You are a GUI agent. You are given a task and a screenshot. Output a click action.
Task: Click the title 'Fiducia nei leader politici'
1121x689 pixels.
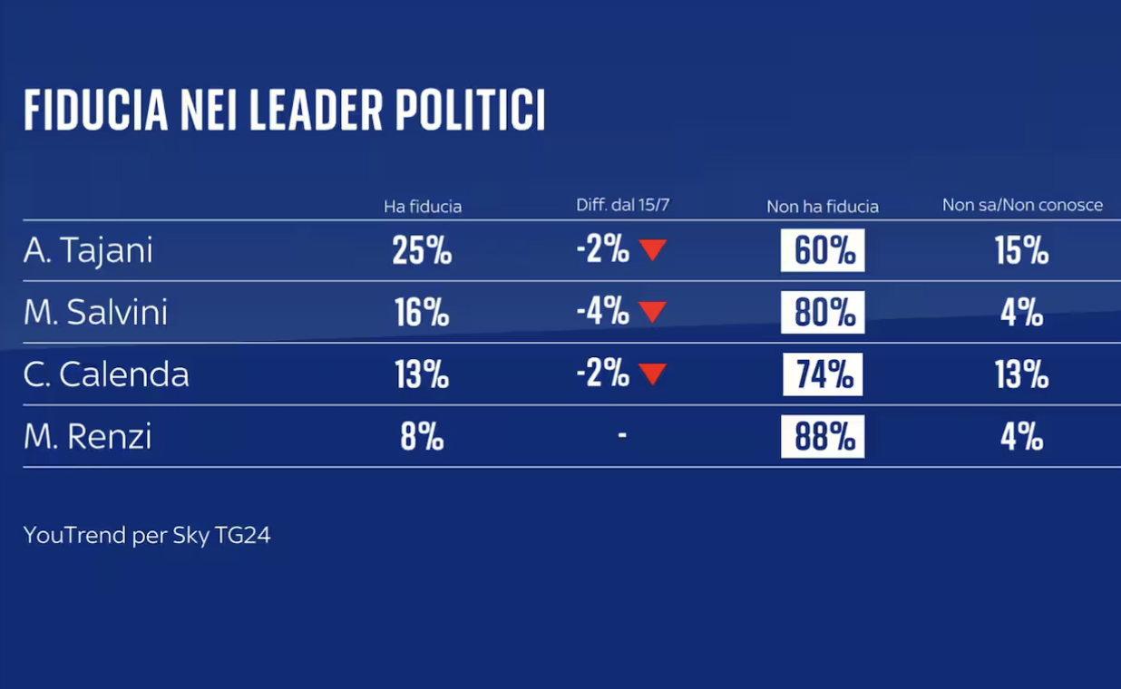[284, 111]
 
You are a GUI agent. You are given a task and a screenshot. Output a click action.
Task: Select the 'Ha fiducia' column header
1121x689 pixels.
[423, 207]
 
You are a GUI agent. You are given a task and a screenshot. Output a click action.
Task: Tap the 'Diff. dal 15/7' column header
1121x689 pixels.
[622, 205]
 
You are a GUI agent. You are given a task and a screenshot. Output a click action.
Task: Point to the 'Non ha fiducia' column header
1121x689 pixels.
[823, 207]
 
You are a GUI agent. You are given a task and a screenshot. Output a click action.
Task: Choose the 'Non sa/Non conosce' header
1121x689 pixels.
[1022, 205]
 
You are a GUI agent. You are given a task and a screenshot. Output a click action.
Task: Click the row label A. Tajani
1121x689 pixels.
[88, 251]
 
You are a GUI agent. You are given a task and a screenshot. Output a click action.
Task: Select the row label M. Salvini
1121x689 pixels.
[95, 313]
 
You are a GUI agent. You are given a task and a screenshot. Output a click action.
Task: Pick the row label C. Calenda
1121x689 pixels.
[106, 374]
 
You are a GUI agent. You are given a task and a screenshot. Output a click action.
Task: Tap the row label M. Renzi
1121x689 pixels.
[88, 437]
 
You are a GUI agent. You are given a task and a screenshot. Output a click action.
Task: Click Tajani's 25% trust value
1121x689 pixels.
[422, 251]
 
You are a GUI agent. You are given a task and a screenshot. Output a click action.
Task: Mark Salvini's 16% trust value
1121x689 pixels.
[422, 313]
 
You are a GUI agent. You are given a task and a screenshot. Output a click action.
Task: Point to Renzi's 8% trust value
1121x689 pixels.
[422, 437]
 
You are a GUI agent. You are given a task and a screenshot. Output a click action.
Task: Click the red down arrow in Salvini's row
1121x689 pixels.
[653, 313]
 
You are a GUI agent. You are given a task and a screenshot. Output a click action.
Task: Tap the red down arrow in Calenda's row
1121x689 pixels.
[653, 374]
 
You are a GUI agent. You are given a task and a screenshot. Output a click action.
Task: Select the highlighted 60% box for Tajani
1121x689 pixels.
[823, 251]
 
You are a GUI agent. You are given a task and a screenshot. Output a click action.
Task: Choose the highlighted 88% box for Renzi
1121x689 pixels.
[823, 437]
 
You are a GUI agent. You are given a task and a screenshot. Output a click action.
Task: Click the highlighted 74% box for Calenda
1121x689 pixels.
[823, 374]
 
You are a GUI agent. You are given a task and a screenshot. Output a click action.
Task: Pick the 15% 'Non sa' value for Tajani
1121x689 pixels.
[1021, 251]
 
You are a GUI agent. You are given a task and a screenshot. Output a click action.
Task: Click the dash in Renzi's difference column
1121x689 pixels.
[622, 436]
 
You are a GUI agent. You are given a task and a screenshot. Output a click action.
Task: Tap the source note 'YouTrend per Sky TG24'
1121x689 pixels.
[147, 536]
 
